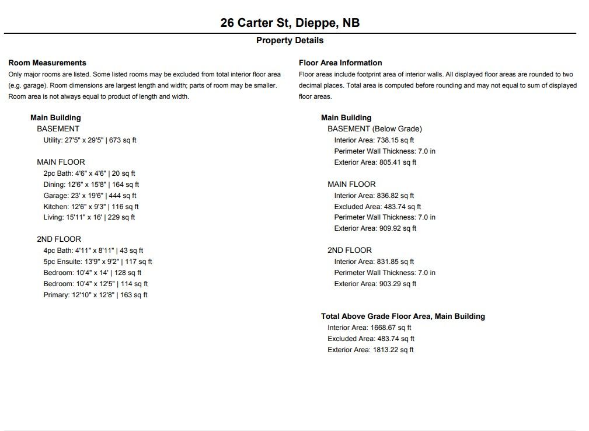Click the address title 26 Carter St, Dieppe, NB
coord(290,23)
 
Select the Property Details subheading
coord(290,40)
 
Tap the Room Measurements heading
coord(47,62)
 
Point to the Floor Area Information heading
coord(340,62)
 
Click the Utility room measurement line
coord(90,140)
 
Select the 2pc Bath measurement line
coord(89,173)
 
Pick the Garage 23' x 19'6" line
coord(90,196)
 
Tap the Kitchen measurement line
coord(91,207)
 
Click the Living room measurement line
coord(89,217)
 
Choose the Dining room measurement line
coord(91,185)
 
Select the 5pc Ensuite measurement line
coord(97,262)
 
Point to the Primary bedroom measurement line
coord(95,295)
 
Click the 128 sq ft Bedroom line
coord(92,273)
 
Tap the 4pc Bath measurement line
coord(93,251)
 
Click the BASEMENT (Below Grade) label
coord(375,128)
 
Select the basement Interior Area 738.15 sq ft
coord(374,140)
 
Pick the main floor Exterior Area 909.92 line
coord(375,228)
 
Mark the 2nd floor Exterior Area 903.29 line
coord(375,284)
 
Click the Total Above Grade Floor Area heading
coord(403,316)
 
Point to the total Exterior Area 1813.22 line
coord(371,350)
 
